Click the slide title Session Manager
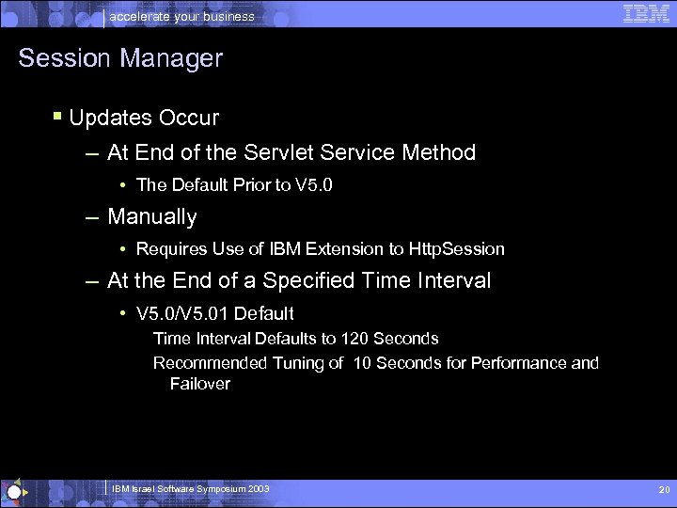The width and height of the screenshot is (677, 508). (120, 58)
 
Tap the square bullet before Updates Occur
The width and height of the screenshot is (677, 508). (58, 118)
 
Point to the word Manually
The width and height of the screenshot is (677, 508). (152, 217)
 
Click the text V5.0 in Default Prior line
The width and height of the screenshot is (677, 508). (313, 184)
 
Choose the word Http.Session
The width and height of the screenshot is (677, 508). (457, 249)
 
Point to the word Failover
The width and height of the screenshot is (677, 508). (199, 383)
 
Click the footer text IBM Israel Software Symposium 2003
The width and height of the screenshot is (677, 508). (190, 489)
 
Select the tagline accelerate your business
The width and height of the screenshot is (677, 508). (182, 16)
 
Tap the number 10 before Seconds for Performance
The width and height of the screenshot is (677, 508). (361, 363)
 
